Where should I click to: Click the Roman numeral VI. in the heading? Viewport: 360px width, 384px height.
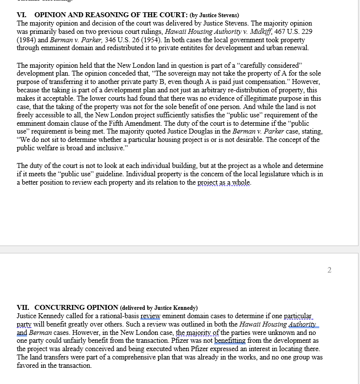coord(23,15)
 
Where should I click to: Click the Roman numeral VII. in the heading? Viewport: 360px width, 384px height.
coord(24,307)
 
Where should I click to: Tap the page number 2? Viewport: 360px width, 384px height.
coord(329,270)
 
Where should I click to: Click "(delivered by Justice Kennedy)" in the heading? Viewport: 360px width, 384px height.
coord(159,308)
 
